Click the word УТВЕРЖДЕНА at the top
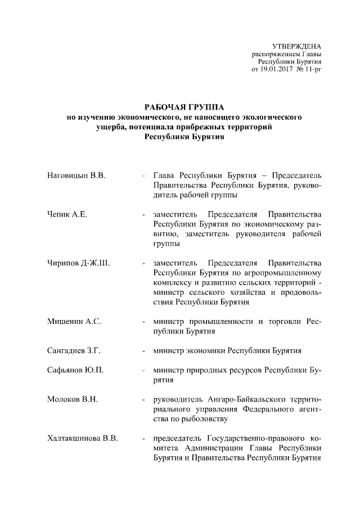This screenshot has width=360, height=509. coord(296,46)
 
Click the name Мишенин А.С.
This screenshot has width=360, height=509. coord(74,321)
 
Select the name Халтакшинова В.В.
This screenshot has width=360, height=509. coord(82,438)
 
